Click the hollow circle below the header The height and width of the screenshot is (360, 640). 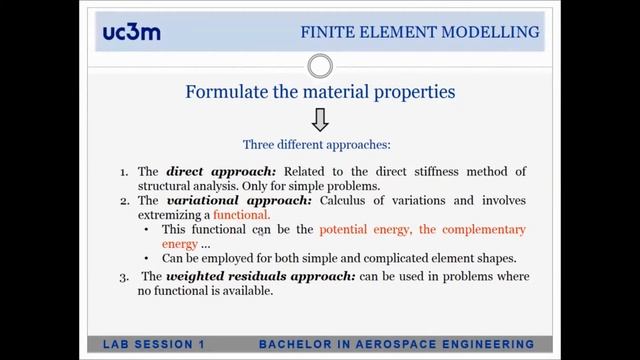click(x=320, y=67)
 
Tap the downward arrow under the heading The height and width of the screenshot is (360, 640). click(x=320, y=120)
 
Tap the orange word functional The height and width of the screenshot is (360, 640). click(x=241, y=214)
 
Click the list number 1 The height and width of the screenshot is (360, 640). click(x=124, y=172)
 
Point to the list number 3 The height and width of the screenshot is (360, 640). click(x=124, y=276)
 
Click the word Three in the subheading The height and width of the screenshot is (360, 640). click(x=261, y=144)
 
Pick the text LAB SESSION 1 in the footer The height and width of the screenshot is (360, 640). click(x=154, y=345)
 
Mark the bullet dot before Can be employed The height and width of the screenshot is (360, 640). click(x=148, y=258)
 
